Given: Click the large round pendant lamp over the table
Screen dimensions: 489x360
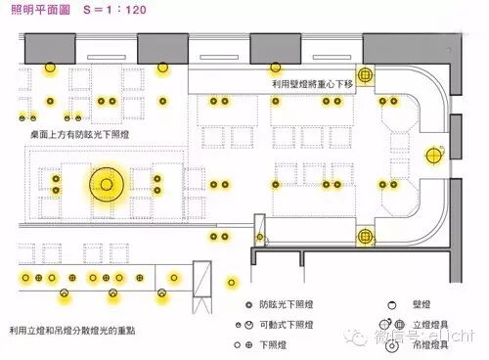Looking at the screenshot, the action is click(x=104, y=183).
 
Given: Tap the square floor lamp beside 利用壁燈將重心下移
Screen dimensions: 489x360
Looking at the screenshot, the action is click(x=366, y=74).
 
